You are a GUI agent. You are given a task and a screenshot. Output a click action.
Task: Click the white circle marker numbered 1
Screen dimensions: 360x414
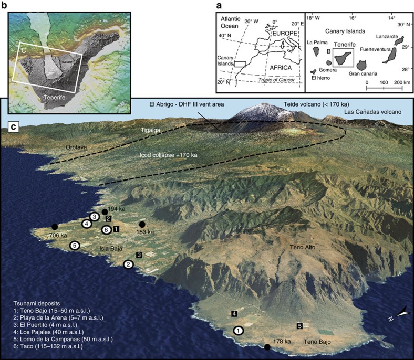(x=239, y=331)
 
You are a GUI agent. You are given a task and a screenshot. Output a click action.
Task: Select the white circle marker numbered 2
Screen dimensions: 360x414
(x=128, y=264)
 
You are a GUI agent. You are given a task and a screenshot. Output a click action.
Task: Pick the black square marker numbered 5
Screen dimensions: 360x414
(x=299, y=326)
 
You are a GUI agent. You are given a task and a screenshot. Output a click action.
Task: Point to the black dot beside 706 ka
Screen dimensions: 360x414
(x=55, y=227)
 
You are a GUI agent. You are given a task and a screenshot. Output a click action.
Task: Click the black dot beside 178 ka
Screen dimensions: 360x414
(x=267, y=347)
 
